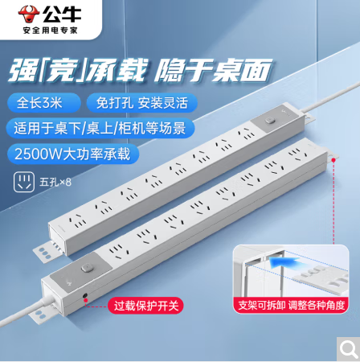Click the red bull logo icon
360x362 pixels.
coord(29,14)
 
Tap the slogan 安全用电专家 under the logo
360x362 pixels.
coord(50,31)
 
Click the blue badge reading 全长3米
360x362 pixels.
coord(43,103)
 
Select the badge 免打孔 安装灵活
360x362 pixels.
coord(142,103)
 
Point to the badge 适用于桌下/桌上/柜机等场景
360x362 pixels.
coord(100,128)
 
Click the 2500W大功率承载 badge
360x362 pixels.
coord(73,154)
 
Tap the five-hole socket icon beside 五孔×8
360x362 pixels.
coord(24,182)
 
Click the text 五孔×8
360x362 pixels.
coord(55,183)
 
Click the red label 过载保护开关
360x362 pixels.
coord(145,306)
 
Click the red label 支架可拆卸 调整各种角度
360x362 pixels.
coord(291,305)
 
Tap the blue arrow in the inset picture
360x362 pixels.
coord(283,261)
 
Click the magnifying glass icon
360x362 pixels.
coord(348,349)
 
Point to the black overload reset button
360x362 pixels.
coord(85,295)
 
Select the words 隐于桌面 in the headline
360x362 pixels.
coord(213,70)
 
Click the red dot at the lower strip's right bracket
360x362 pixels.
coord(333,160)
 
